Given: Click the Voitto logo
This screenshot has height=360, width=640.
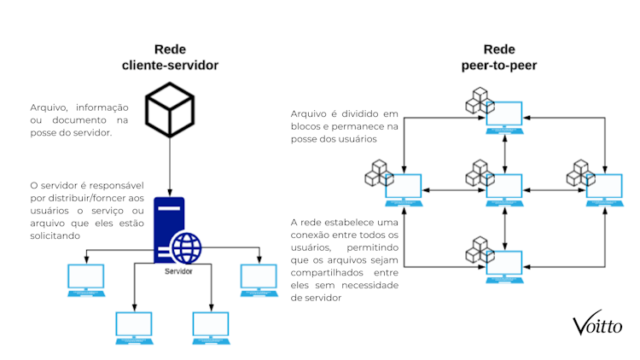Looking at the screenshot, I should click(597, 324).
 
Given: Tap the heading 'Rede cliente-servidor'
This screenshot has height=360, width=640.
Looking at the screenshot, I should click(171, 57).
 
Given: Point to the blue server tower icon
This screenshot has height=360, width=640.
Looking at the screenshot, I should click(169, 229).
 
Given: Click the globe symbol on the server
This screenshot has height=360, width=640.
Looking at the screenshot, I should click(186, 247).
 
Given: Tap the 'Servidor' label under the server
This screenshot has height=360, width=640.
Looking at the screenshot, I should click(178, 271).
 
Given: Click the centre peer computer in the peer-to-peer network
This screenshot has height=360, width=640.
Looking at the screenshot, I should click(504, 189).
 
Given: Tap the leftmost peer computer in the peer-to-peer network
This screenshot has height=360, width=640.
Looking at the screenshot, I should click(404, 189).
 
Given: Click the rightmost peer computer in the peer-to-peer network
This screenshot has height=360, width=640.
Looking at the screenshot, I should click(604, 189).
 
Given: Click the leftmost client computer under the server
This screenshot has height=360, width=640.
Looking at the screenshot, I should click(86, 280).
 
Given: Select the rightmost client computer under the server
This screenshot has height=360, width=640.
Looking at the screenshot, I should click(258, 280).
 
